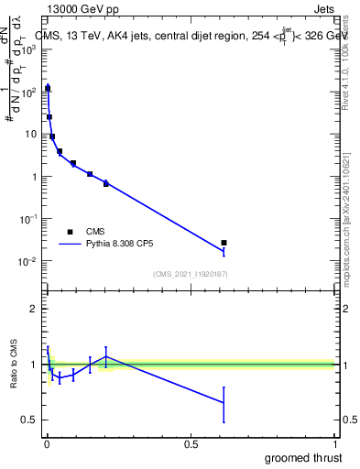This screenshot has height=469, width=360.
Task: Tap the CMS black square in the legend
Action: coord(70,232)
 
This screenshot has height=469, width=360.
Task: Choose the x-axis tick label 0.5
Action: coord(191,444)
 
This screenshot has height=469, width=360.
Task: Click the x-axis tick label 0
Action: coord(47,444)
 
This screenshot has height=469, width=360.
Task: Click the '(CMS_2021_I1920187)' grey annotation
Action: coord(191,273)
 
